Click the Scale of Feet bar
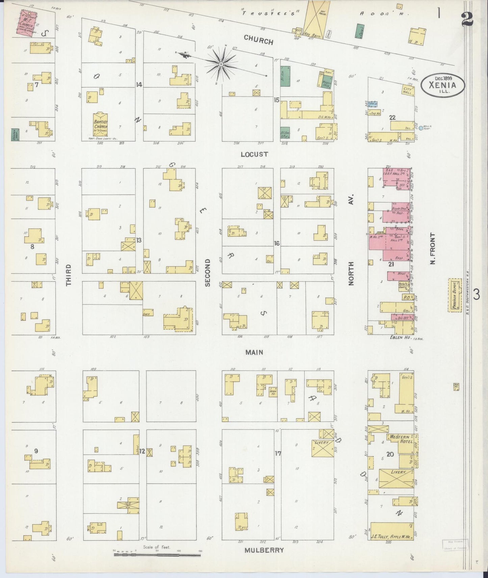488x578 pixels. [x=157, y=554]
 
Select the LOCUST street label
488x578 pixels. [x=254, y=154]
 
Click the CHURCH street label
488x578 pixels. [x=258, y=40]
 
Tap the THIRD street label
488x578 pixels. [x=69, y=275]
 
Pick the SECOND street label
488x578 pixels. [x=207, y=272]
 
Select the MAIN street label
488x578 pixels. [x=254, y=352]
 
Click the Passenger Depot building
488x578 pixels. [x=454, y=295]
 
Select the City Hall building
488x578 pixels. [x=407, y=90]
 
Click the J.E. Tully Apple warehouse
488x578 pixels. [x=392, y=531]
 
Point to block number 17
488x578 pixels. [x=278, y=454]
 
